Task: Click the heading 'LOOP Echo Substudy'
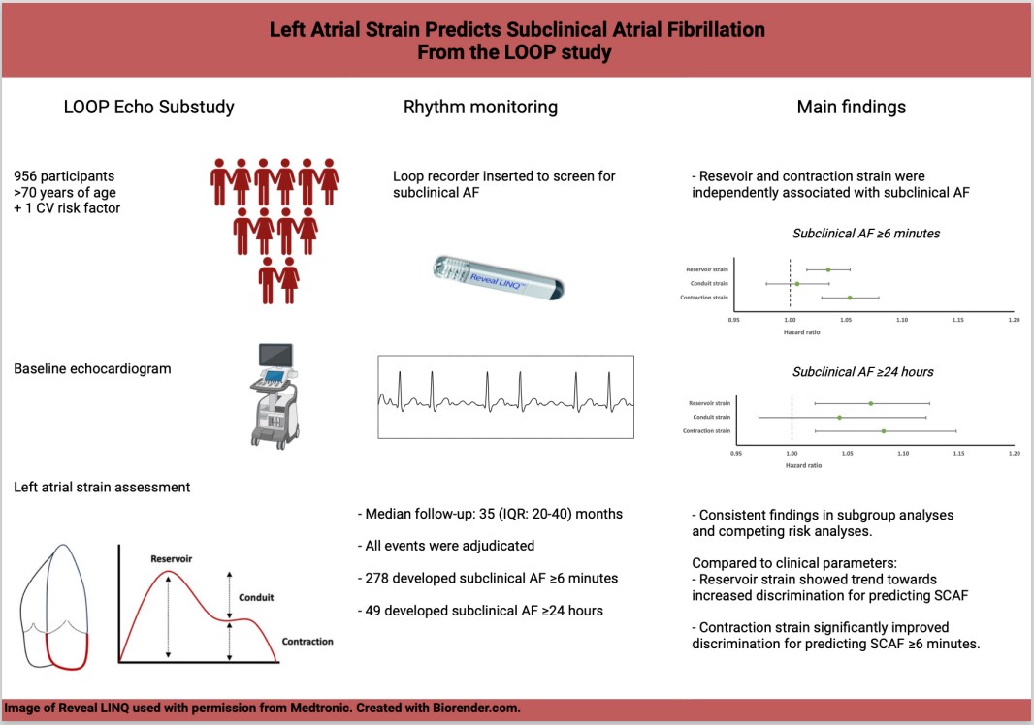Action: pyautogui.click(x=148, y=107)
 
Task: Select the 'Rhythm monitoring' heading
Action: pyautogui.click(x=480, y=107)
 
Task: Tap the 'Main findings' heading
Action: pyautogui.click(x=850, y=107)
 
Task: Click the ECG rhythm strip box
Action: pyautogui.click(x=505, y=396)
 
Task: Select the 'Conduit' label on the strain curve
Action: pyautogui.click(x=255, y=597)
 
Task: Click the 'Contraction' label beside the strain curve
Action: pyautogui.click(x=307, y=642)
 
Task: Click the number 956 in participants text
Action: pyautogui.click(x=28, y=176)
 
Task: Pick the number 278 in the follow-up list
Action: pyautogui.click(x=380, y=579)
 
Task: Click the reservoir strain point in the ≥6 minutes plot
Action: pyautogui.click(x=828, y=269)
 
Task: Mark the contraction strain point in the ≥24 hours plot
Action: pyautogui.click(x=884, y=430)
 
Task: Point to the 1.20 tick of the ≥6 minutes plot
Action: pyautogui.click(x=1015, y=319)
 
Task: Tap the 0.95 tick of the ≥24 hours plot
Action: pyautogui.click(x=736, y=453)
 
